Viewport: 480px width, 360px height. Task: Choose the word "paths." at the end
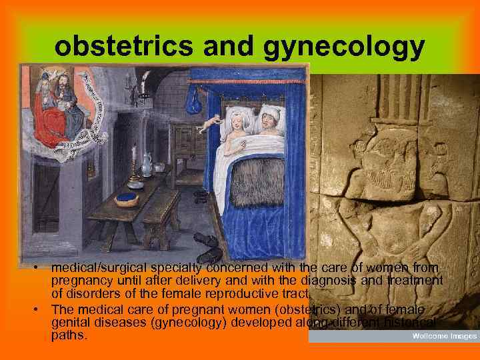pyautogui.click(x=69, y=336)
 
